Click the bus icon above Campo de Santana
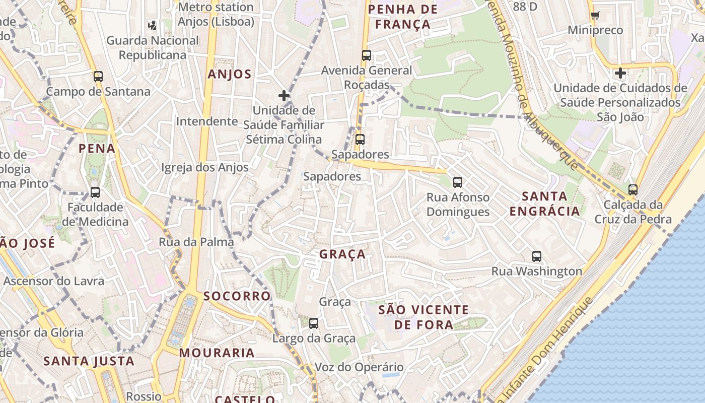[x=98, y=77]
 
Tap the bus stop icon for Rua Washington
[x=537, y=256]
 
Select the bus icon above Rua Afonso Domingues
[x=458, y=182]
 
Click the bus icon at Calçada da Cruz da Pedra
[x=633, y=190]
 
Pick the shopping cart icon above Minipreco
[x=595, y=15]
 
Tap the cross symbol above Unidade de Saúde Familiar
[x=284, y=95]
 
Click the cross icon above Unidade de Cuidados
[x=620, y=73]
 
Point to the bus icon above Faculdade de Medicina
[x=95, y=192]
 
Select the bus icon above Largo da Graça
[x=314, y=323]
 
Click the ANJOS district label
[x=230, y=75]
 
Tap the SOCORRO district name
[x=237, y=296]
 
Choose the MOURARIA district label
[x=217, y=353]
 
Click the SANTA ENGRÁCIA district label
[x=545, y=204]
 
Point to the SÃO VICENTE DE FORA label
[x=424, y=317]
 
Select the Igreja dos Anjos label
[x=205, y=167]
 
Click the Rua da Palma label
[x=196, y=242]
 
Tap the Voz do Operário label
[x=359, y=367]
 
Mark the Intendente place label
[x=207, y=121]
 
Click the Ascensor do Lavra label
[x=54, y=281]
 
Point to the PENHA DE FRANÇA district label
[x=402, y=16]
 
